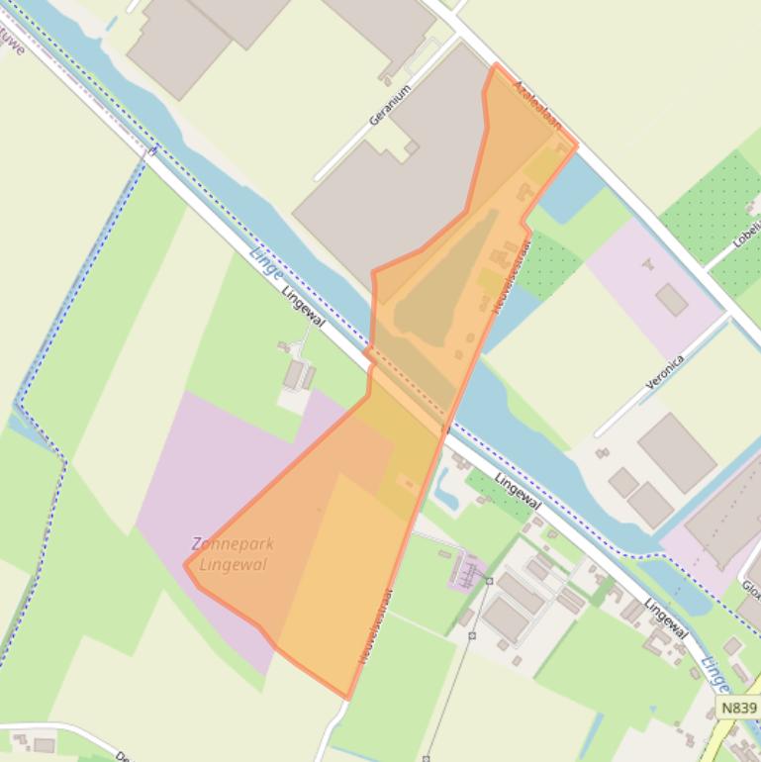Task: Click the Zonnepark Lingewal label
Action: [x=233, y=554]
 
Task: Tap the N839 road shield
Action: [x=738, y=708]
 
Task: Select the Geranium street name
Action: [x=389, y=105]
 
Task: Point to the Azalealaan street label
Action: [x=537, y=106]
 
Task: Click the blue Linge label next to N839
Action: [x=714, y=674]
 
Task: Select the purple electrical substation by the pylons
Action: [x=466, y=571]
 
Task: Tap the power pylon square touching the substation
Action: [x=489, y=581]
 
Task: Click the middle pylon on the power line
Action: [x=472, y=635]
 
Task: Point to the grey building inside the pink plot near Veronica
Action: [x=672, y=299]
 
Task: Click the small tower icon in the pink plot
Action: [x=649, y=264]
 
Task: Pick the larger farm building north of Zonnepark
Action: [x=294, y=375]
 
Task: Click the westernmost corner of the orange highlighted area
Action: [x=185, y=565]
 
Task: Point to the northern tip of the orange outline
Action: [x=496, y=65]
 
